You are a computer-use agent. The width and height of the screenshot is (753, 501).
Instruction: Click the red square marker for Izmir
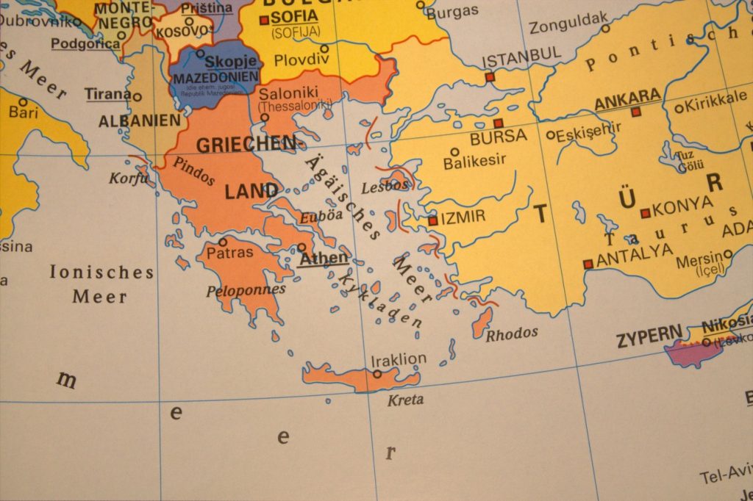pyautogui.click(x=432, y=220)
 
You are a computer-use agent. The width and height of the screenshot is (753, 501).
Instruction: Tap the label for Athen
pyautogui.click(x=323, y=259)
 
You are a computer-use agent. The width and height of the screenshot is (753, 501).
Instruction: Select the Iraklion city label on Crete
pyautogui.click(x=399, y=360)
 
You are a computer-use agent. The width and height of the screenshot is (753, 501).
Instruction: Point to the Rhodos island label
pyautogui.click(x=512, y=334)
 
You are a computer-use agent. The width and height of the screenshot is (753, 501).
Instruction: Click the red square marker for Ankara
pyautogui.click(x=636, y=112)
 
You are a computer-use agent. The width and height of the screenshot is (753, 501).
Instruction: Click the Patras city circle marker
pyautogui.click(x=222, y=241)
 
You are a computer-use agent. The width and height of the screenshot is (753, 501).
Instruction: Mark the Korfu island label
pyautogui.click(x=129, y=178)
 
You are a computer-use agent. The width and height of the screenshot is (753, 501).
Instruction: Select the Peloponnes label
pyautogui.click(x=246, y=290)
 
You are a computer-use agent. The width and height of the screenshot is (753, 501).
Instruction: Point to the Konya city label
pyautogui.click(x=682, y=205)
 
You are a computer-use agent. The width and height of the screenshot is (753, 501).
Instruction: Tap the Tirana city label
pyautogui.click(x=107, y=94)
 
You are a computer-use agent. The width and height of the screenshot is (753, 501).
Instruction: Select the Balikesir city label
pyautogui.click(x=475, y=162)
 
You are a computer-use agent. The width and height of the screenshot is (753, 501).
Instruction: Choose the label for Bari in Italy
pyautogui.click(x=24, y=113)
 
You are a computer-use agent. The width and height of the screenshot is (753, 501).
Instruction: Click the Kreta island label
pyautogui.click(x=405, y=400)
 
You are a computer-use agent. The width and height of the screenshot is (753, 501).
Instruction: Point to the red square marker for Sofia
pyautogui.click(x=264, y=20)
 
